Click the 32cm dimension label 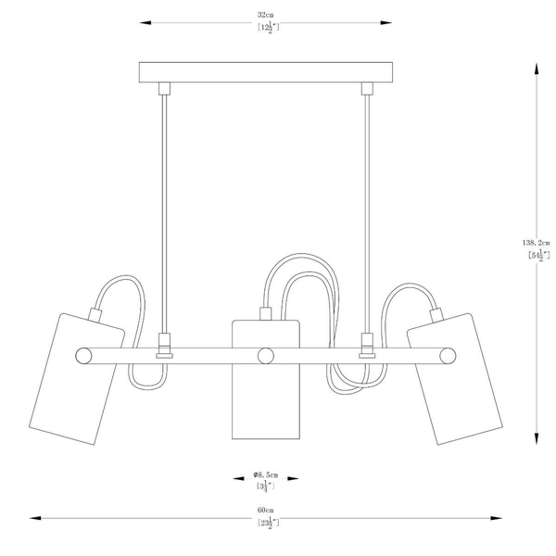(266, 16)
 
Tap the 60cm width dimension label (266, 511)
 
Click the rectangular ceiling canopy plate (266, 71)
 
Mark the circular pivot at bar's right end (449, 353)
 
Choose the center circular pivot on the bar (266, 353)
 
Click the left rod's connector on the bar (165, 344)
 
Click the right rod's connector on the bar (366, 344)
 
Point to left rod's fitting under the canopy (165, 89)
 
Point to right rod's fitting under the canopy (366, 89)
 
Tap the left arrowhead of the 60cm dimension (28, 518)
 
